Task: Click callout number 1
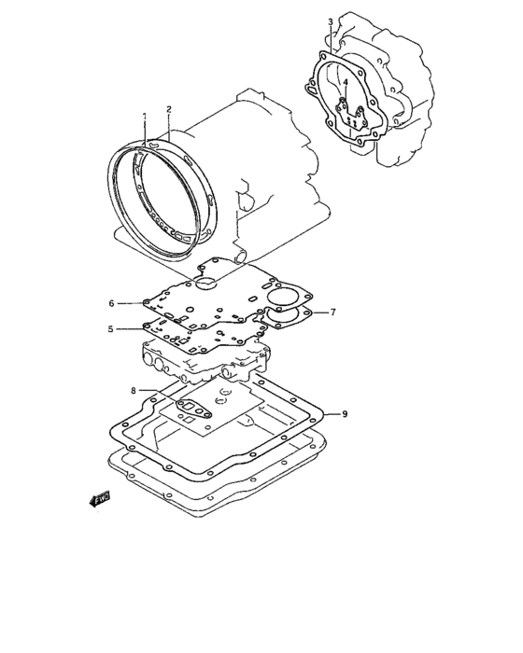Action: tap(145, 116)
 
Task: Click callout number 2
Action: tap(169, 109)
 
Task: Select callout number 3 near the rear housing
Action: tap(331, 22)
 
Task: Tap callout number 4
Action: tap(346, 83)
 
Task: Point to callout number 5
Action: tap(110, 329)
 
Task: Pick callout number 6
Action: tap(111, 303)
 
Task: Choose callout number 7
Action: tap(332, 312)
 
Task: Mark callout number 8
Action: tap(134, 390)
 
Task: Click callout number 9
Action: tap(345, 414)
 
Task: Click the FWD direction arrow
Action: tap(99, 498)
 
